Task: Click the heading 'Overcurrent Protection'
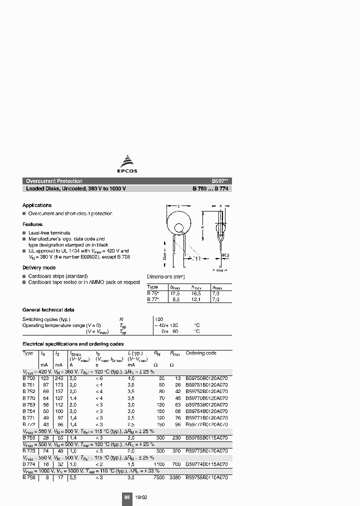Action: click(x=54, y=181)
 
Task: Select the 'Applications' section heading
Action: click(x=36, y=205)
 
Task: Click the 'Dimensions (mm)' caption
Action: click(x=166, y=276)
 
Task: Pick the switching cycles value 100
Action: click(x=159, y=319)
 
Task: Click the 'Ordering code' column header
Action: click(x=201, y=353)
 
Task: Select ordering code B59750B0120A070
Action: click(x=206, y=378)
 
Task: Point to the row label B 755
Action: click(x=28, y=436)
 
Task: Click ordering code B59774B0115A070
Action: click(x=206, y=463)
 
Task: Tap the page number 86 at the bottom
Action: click(x=126, y=497)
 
